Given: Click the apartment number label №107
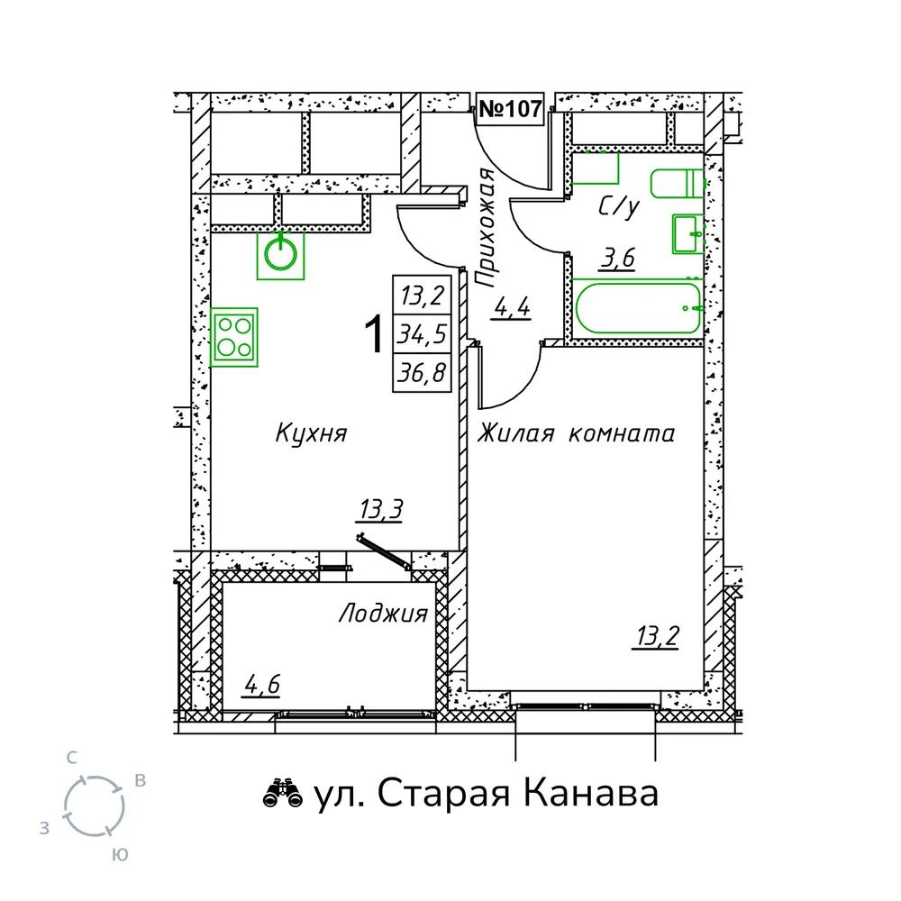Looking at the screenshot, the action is [510, 109].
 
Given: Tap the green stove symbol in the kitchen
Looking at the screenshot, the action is [234, 337].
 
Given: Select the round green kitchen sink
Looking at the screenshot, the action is [280, 255].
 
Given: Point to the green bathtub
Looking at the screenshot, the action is [638, 307].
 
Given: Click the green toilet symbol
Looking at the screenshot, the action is [677, 183].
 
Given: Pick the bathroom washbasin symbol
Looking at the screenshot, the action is [687, 234].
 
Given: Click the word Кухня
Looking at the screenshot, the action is [312, 433].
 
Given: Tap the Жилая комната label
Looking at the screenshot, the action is [576, 433].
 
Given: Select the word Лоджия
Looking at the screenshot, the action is [383, 614].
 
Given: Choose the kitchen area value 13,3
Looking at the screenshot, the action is [381, 509].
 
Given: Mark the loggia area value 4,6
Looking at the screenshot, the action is [262, 685].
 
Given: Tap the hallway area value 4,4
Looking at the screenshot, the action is [512, 308].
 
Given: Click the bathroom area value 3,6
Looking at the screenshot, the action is [618, 258].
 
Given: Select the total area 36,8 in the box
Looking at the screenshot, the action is [422, 373].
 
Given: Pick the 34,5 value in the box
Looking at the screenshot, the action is [422, 334].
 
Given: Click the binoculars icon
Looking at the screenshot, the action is [283, 794].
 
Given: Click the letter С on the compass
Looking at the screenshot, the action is [71, 758].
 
